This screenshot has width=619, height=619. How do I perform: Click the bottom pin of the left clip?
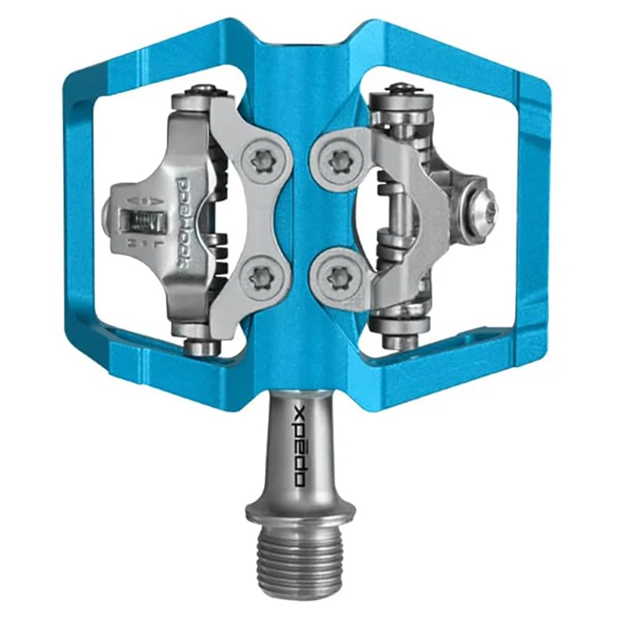click(x=202, y=347)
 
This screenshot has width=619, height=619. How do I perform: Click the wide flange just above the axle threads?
click(x=300, y=511)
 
